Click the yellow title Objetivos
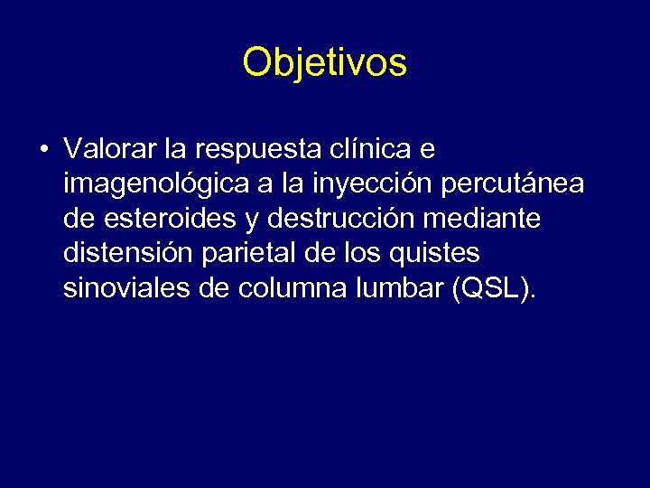pos(325,62)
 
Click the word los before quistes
pos(367,253)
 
